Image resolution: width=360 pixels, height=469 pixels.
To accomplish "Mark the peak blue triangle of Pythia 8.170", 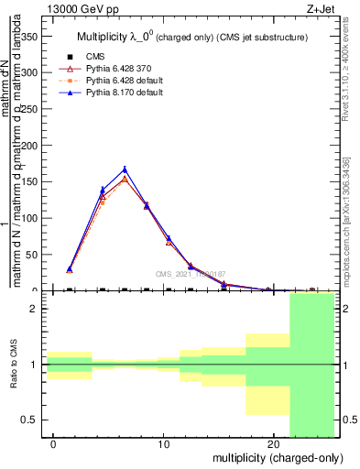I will pos(125,169).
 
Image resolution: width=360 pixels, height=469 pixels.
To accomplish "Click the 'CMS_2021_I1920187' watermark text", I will pos(191,273).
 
